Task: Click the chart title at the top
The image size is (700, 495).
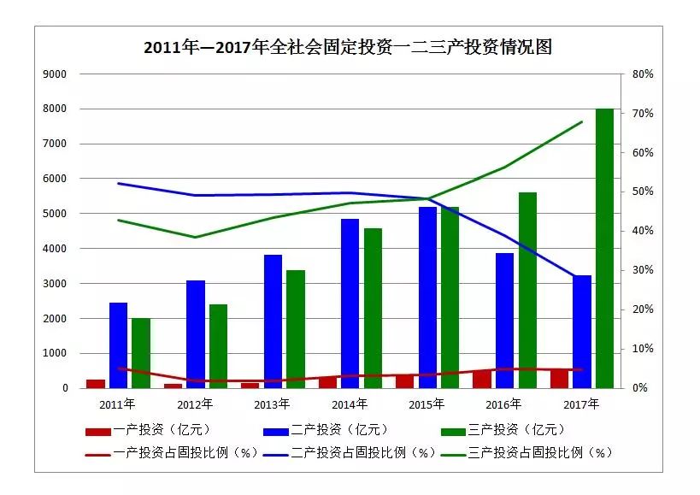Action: (348, 47)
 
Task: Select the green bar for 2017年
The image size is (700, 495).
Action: (604, 248)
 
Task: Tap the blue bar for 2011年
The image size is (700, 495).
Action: (118, 345)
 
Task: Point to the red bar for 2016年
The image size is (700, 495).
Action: (482, 379)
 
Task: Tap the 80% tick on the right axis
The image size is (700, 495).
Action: (643, 74)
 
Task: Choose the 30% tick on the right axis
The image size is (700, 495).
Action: (643, 270)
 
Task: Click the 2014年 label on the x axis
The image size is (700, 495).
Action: (350, 404)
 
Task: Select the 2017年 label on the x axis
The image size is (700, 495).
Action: (581, 404)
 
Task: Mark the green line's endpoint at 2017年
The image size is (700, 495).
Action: (581, 121)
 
